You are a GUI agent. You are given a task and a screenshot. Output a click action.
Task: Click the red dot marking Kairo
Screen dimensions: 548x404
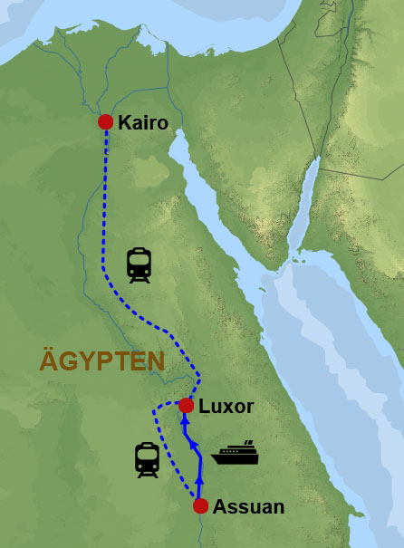[105, 122]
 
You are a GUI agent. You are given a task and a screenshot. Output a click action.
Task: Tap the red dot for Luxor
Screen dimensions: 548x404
[186, 405]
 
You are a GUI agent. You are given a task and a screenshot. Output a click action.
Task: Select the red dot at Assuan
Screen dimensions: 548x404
[200, 506]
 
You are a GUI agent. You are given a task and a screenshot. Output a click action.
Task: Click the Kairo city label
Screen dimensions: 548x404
[143, 122]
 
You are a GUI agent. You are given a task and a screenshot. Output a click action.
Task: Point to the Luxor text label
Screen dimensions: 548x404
[226, 406]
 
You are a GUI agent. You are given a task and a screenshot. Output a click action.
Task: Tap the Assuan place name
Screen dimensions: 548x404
[248, 507]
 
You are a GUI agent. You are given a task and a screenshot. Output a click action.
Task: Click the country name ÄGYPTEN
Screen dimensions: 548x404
[102, 361]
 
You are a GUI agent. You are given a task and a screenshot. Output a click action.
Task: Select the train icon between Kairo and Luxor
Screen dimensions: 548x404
[139, 264]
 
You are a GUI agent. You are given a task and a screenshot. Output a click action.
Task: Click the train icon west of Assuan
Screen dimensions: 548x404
[147, 459]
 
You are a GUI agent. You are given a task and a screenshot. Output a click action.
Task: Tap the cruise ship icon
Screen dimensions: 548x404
[235, 453]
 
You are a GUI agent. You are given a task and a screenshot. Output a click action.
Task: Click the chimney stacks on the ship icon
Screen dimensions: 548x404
[245, 444]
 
